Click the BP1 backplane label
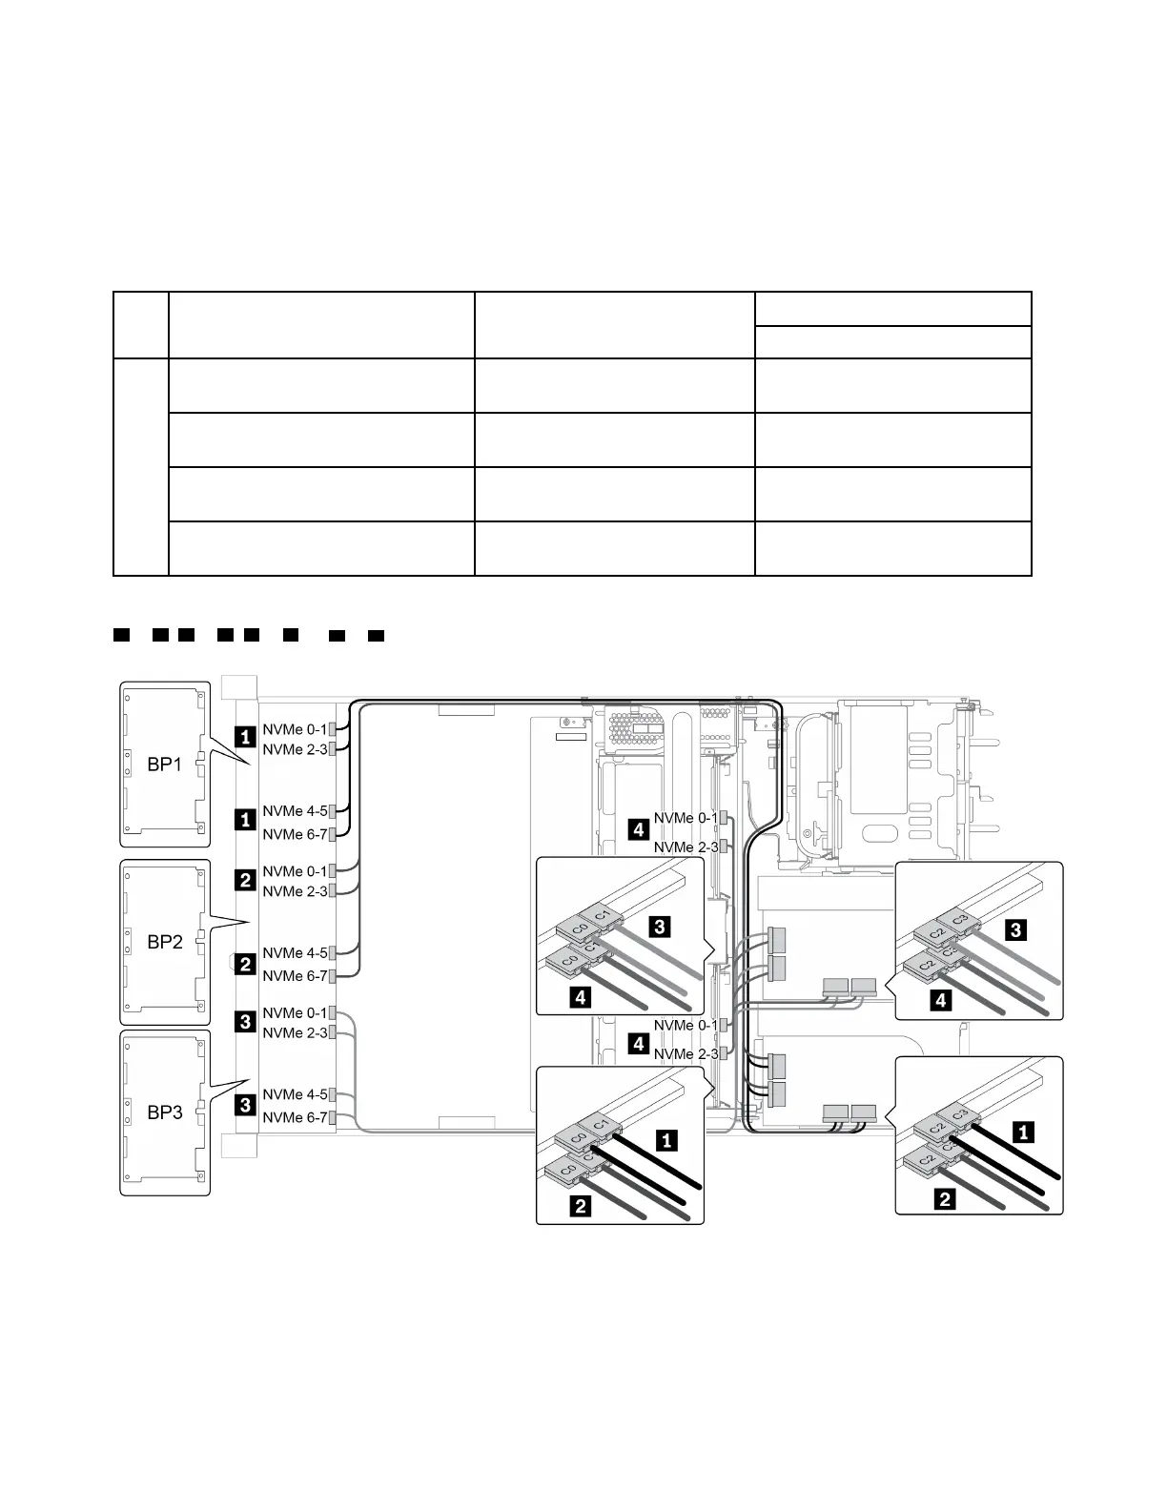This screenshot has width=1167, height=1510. [x=164, y=765]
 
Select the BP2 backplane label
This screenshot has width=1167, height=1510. [x=164, y=942]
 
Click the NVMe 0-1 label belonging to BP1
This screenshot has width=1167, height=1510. [x=295, y=729]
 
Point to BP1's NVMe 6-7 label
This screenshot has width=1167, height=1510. [x=295, y=834]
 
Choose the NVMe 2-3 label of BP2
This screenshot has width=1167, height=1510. [x=295, y=891]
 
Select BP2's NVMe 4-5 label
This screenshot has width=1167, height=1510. [x=295, y=952]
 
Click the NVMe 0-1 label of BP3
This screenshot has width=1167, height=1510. [x=295, y=1012]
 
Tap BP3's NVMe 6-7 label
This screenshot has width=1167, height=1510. [x=295, y=1117]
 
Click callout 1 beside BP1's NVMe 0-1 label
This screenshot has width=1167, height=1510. [x=246, y=736]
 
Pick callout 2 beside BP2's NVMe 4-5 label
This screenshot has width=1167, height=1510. [x=246, y=964]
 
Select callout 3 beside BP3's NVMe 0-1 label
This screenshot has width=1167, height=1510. [x=246, y=1023]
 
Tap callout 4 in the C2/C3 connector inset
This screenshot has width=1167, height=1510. [x=941, y=1001]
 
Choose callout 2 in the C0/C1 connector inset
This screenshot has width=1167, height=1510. [x=579, y=1207]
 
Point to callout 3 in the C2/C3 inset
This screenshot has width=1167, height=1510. [x=1016, y=930]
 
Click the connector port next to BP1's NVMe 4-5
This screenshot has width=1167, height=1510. [x=332, y=811]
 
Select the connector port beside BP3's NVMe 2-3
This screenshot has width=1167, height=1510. [x=332, y=1032]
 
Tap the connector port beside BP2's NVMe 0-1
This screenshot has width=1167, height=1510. [x=332, y=871]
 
